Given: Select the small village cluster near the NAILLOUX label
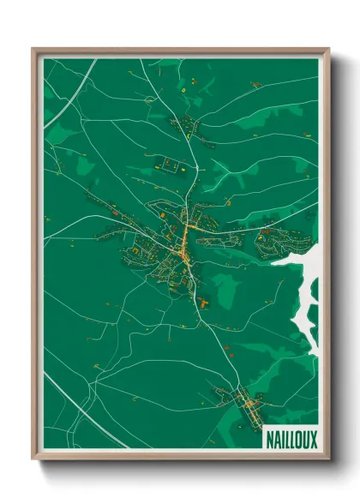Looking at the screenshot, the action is click(x=245, y=403).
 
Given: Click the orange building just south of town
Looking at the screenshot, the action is click(x=202, y=301).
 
